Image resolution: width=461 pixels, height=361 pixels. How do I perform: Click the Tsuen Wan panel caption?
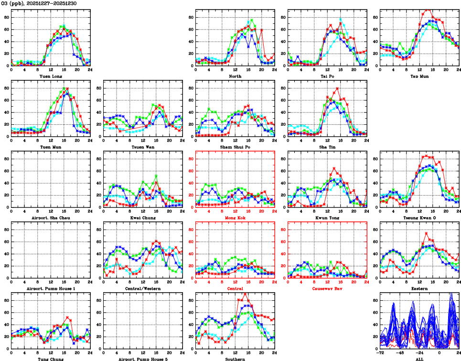143,147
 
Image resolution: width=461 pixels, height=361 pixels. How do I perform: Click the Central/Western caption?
143,289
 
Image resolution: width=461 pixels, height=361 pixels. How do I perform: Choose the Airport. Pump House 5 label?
143,359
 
